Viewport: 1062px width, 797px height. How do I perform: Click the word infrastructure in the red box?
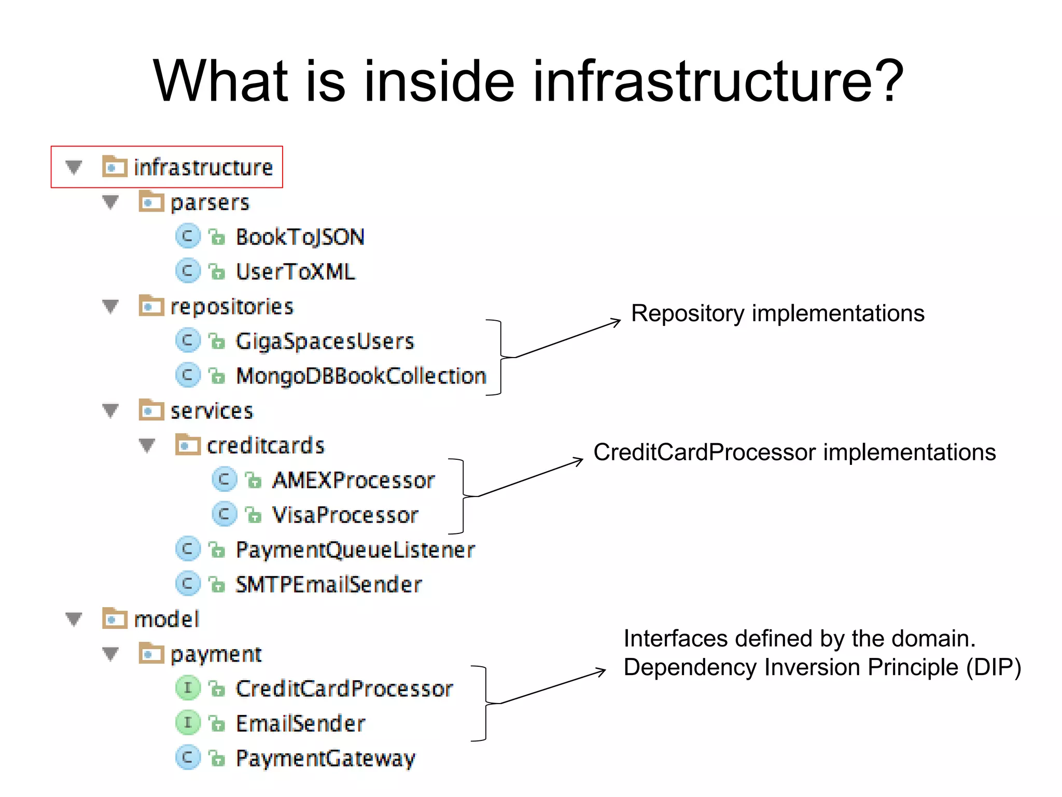pyautogui.click(x=203, y=168)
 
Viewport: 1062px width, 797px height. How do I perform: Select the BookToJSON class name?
pyautogui.click(x=300, y=237)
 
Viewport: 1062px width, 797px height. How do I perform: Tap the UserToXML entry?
pyautogui.click(x=295, y=272)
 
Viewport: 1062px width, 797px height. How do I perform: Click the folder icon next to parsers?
pyautogui.click(x=151, y=202)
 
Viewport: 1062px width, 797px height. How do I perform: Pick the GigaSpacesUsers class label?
pyautogui.click(x=325, y=341)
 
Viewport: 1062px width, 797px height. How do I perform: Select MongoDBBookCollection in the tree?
pyautogui.click(x=361, y=376)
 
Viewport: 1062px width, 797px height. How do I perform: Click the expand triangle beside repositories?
pyautogui.click(x=110, y=307)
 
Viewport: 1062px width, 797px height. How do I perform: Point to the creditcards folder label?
pyautogui.click(x=265, y=446)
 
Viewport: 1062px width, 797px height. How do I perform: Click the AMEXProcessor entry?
pyautogui.click(x=353, y=480)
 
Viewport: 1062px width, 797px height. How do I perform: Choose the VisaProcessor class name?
pyautogui.click(x=345, y=515)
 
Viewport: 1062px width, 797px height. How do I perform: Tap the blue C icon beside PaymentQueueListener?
pyautogui.click(x=188, y=549)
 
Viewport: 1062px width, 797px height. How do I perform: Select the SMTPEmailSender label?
pyautogui.click(x=328, y=585)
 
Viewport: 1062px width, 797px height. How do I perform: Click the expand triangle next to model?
pyautogui.click(x=74, y=619)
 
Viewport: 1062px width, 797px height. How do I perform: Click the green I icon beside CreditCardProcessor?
pyautogui.click(x=188, y=689)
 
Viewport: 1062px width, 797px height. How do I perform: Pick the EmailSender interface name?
pyautogui.click(x=300, y=724)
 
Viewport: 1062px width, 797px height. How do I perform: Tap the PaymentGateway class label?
pyautogui.click(x=325, y=759)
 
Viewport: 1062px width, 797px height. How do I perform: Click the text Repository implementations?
pyautogui.click(x=777, y=313)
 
